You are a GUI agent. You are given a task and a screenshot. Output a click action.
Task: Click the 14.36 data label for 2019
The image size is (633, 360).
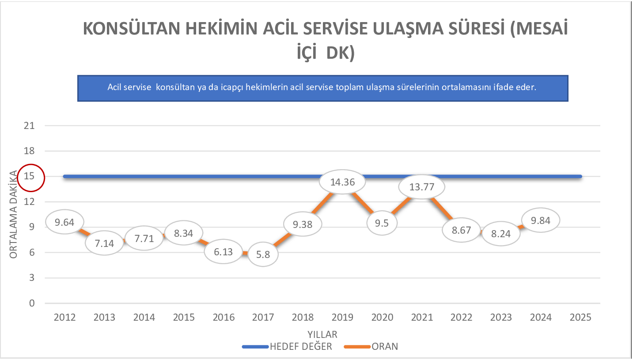343,182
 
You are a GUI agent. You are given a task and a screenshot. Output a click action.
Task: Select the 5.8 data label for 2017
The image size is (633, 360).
263,254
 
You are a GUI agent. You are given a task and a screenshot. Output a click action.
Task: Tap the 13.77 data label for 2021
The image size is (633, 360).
422,187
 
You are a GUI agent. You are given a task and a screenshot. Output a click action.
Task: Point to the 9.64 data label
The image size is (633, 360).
64,222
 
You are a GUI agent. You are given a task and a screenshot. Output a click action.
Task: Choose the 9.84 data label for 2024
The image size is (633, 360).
541,220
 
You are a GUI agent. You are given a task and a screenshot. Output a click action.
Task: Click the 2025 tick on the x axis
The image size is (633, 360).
580,318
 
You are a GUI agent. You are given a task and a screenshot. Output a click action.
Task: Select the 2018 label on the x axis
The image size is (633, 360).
303,318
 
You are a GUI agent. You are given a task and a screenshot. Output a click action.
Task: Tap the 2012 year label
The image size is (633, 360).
64,318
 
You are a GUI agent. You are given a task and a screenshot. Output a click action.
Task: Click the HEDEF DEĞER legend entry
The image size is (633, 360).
300,346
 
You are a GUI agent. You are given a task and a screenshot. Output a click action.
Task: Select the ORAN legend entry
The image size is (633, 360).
385,346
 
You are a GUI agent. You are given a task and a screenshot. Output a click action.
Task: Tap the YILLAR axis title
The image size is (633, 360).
322,333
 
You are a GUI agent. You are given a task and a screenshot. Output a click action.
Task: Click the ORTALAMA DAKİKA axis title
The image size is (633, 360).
14,215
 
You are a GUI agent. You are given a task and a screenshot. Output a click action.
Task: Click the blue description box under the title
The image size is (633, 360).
322,87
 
